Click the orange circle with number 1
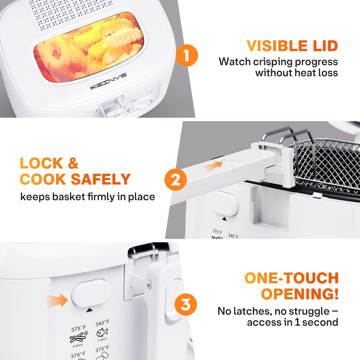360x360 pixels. (x=187, y=55)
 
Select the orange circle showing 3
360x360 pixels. (x=186, y=304)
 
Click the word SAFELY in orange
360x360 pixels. (x=101, y=179)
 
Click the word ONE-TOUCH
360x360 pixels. (x=291, y=278)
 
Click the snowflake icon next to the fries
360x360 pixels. (x=85, y=333)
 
